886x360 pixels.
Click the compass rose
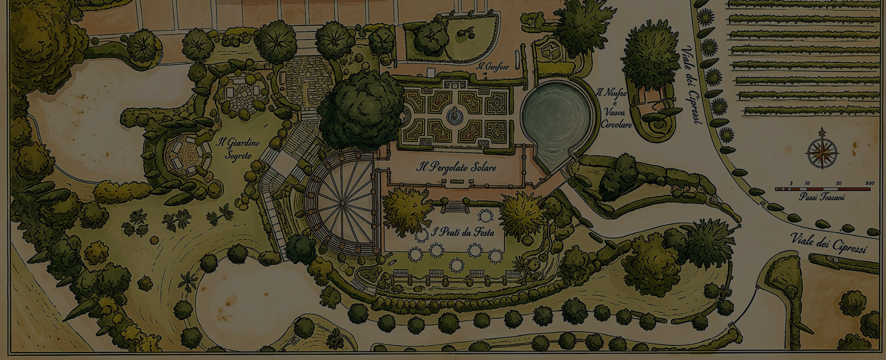822,152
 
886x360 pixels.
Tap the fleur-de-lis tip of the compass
822,131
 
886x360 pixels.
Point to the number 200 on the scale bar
869,183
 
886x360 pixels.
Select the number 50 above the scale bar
838,183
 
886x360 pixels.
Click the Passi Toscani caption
821,197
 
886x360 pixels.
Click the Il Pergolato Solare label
456,167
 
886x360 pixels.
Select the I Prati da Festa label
462,232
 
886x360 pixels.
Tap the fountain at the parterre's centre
455,114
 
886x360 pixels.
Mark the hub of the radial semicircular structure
342,203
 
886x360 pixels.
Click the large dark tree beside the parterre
361,109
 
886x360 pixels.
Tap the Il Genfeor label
492,67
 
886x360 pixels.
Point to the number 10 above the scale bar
807,183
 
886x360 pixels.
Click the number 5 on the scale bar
791,183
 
